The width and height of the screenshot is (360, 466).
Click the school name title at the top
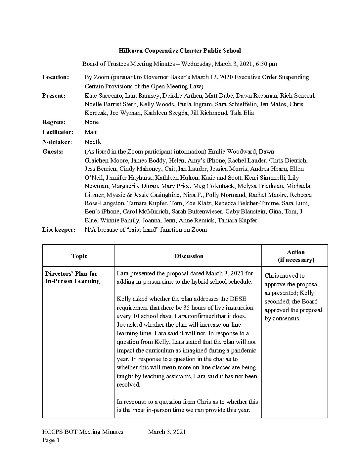click(180, 51)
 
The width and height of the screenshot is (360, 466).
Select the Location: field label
click(56, 77)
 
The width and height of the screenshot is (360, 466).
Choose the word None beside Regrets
click(92, 122)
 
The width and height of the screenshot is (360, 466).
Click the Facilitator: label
click(58, 132)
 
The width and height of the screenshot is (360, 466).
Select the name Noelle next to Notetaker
click(93, 142)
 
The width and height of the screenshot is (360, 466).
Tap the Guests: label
click(53, 152)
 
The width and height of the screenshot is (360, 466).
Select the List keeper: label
click(59, 230)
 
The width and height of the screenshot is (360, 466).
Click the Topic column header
click(79, 256)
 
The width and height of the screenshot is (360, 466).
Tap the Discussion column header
click(189, 256)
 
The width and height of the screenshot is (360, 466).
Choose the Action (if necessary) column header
click(296, 256)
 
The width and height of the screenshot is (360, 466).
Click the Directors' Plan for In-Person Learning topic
click(72, 277)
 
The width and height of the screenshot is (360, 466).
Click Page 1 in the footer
click(51, 440)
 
